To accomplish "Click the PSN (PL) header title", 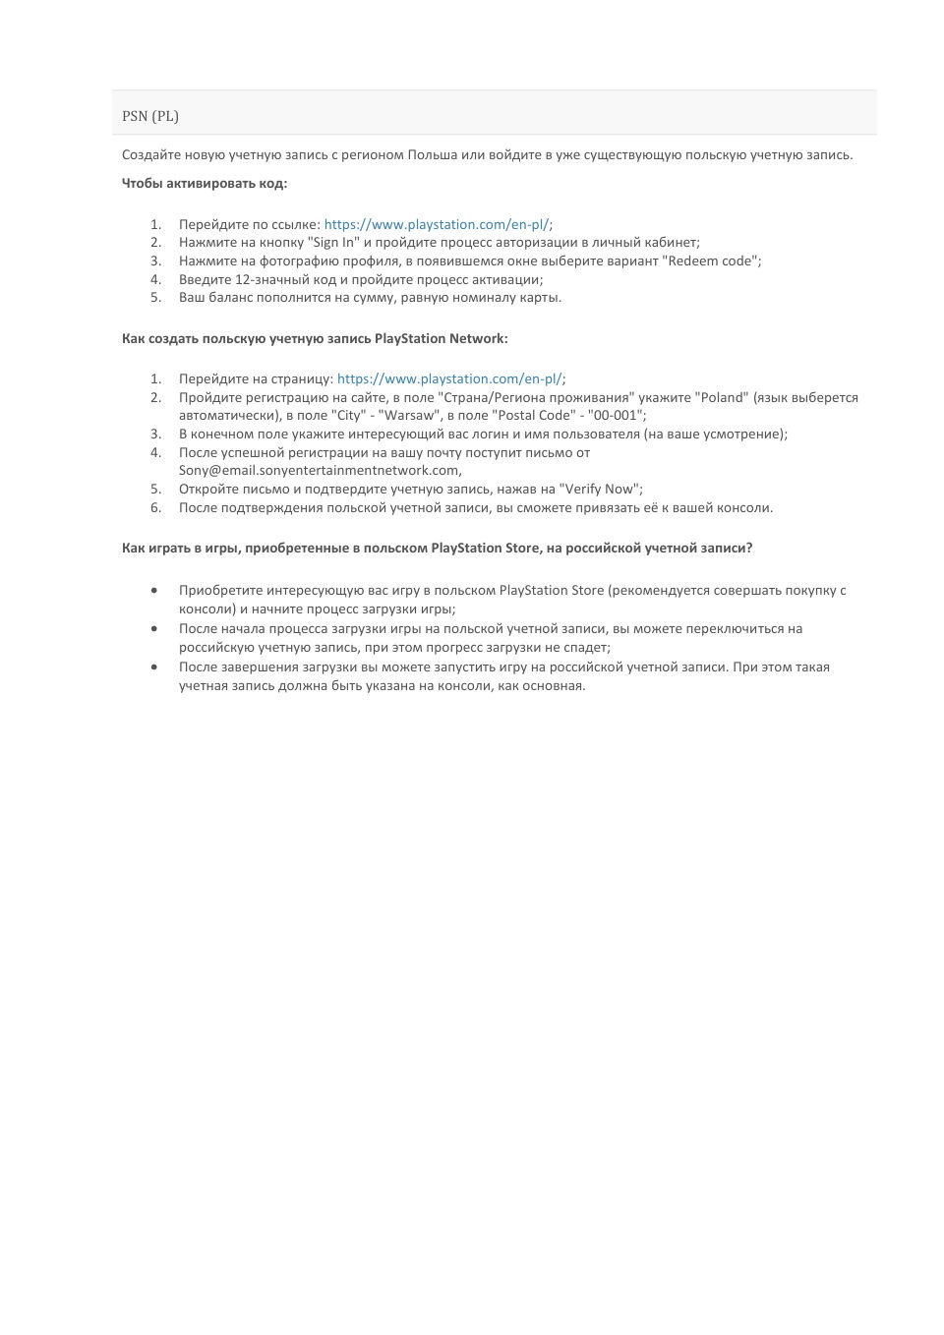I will tap(150, 116).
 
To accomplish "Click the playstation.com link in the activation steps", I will tap(437, 224).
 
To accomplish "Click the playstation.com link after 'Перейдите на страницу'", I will tap(449, 378).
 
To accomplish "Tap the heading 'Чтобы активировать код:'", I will tap(205, 183).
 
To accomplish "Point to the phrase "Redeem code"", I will tap(712, 261).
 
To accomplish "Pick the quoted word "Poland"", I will tap(722, 397).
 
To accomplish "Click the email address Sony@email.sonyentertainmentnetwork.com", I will tap(319, 470).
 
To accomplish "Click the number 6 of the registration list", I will tap(155, 507).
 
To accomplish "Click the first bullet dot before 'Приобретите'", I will tap(154, 590).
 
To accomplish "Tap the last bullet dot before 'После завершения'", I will tap(154, 667).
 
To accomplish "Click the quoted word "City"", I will tap(349, 415).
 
